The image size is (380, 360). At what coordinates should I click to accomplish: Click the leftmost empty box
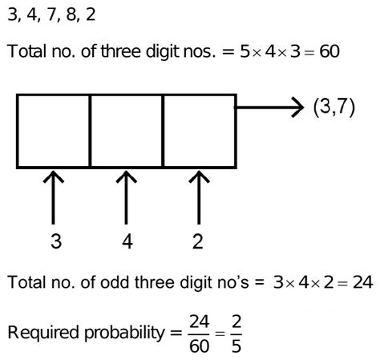pyautogui.click(x=52, y=131)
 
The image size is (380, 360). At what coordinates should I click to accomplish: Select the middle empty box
pyautogui.click(x=126, y=131)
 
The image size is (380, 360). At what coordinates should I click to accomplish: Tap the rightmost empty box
pyautogui.click(x=199, y=131)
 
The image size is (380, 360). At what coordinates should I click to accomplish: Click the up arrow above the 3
pyautogui.click(x=53, y=196)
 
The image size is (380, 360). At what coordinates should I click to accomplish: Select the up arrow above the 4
pyautogui.click(x=126, y=196)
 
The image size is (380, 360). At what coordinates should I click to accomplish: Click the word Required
pyautogui.click(x=37, y=330)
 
